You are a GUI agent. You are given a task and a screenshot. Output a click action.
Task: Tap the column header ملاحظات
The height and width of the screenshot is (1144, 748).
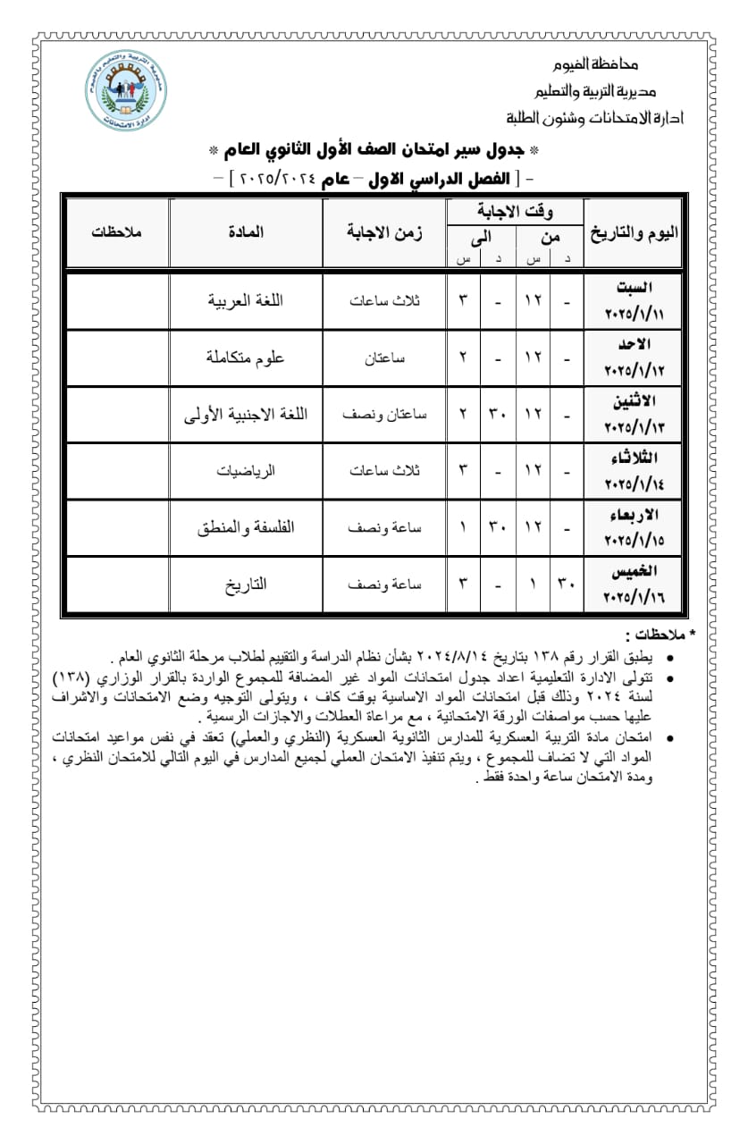click(116, 231)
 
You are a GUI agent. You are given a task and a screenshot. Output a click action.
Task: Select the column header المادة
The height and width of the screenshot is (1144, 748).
click(246, 231)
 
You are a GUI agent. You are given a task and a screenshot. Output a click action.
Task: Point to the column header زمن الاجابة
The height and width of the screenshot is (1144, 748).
click(385, 232)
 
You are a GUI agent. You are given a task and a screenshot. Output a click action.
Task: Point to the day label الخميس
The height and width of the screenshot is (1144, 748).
click(635, 571)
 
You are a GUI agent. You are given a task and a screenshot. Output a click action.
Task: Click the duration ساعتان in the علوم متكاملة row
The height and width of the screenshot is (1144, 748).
click(386, 357)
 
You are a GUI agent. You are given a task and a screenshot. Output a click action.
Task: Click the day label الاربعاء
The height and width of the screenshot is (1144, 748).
click(633, 515)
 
